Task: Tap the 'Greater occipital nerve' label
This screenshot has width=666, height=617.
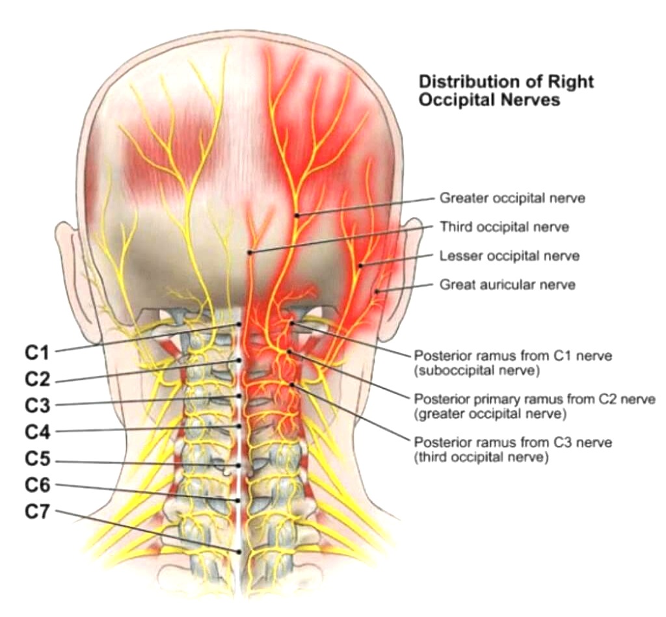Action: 512,198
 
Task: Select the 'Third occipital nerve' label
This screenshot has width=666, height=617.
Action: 504,227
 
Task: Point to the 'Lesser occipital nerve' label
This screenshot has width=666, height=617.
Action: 509,256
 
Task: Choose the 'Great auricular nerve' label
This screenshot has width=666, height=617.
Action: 507,284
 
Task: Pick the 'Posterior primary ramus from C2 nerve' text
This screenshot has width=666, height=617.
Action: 535,399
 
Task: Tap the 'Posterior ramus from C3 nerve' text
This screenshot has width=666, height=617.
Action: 513,442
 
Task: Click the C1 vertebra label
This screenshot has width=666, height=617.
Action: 38,353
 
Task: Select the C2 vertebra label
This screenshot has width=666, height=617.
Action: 38,379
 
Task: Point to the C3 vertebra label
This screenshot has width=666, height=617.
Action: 38,405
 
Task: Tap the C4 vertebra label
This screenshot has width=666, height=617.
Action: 38,431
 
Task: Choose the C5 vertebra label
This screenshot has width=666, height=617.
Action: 38,459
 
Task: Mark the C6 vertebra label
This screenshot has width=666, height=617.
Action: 38,484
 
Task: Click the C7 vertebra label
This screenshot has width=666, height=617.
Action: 38,512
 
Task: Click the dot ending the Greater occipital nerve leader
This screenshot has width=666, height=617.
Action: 297,215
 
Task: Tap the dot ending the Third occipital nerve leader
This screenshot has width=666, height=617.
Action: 249,252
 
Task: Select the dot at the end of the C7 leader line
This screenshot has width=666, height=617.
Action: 241,551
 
